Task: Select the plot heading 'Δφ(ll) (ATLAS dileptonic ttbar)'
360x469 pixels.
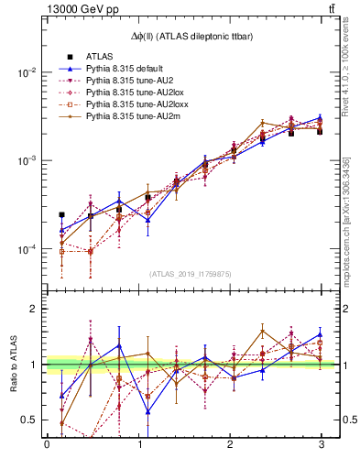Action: (x=183, y=35)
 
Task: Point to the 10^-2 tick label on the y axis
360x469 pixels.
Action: (x=26, y=72)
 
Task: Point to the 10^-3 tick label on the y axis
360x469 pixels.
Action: (x=26, y=160)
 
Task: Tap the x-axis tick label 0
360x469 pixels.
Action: (x=47, y=445)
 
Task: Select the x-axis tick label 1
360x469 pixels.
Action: (x=138, y=445)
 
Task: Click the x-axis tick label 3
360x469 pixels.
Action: (x=321, y=445)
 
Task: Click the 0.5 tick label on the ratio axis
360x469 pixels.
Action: (x=28, y=420)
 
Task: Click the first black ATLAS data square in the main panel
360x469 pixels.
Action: (x=61, y=215)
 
